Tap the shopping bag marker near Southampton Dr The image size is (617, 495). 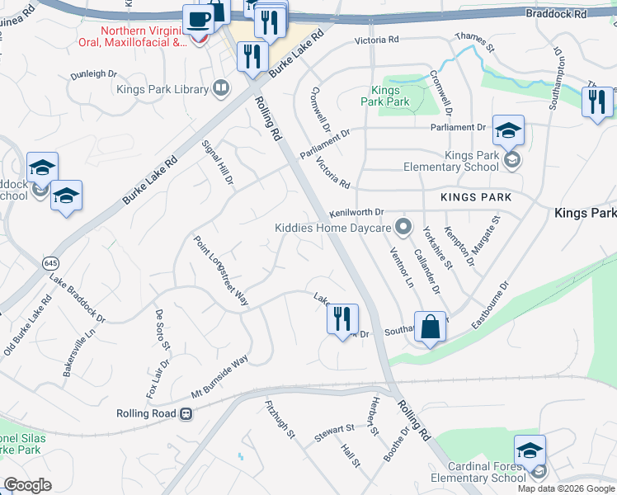(430, 327)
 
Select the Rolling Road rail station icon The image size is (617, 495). (186, 413)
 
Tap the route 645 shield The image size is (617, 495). (50, 262)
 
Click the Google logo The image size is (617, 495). (27, 485)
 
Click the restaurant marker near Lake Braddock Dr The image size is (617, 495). (342, 318)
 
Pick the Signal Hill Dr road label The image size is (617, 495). (219, 163)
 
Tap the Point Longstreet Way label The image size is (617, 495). (220, 271)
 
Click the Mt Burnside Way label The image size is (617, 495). (208, 376)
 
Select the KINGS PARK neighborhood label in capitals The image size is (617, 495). (476, 197)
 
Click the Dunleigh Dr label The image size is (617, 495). (93, 73)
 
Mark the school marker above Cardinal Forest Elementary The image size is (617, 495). (530, 450)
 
